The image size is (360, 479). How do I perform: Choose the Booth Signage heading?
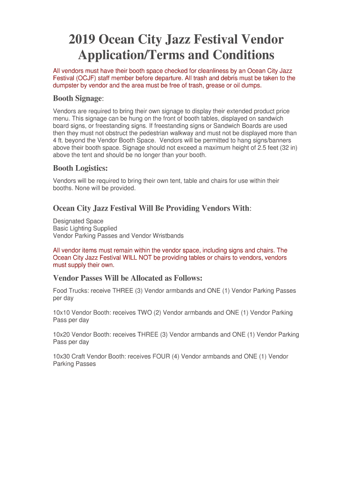[77, 99]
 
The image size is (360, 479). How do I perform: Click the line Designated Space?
[78, 221]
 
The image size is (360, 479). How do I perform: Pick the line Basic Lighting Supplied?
[85, 228]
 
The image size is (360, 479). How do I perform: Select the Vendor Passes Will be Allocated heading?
[128, 278]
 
